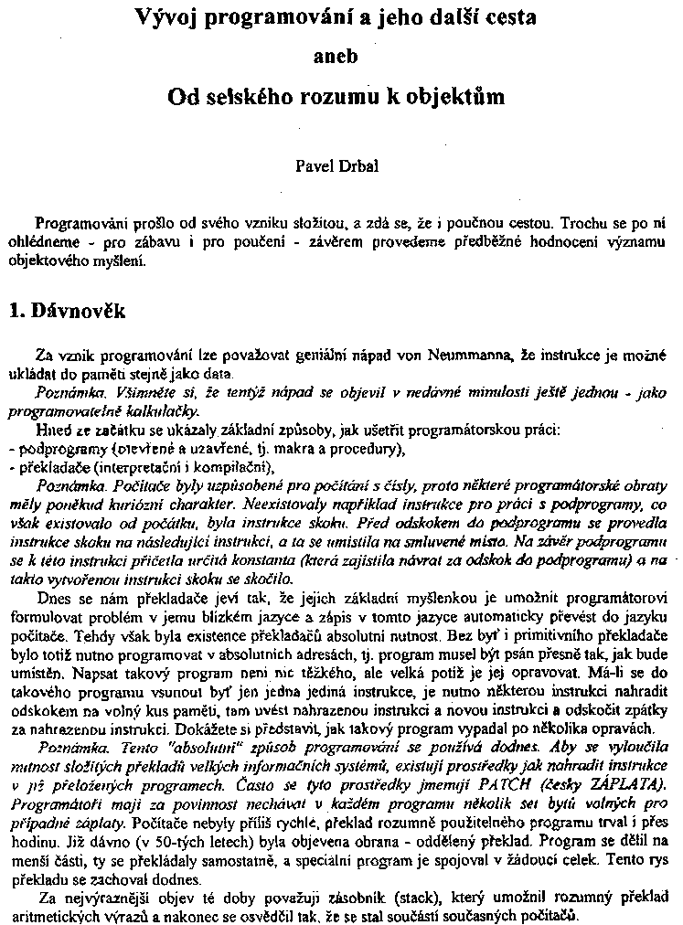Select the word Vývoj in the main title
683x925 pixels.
[x=167, y=17]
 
